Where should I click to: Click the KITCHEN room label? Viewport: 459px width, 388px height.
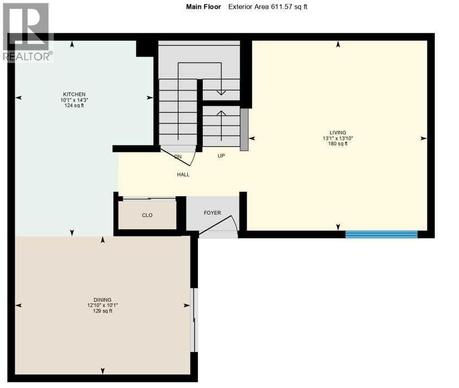pos(74,95)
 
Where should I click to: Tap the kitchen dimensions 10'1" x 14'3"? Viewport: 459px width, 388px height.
pos(74,100)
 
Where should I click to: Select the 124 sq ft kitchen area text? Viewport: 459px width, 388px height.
pos(74,105)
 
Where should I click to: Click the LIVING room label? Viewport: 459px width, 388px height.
pos(337,133)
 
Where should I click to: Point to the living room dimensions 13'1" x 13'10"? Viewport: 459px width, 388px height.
pos(337,138)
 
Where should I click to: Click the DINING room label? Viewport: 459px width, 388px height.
pos(102,300)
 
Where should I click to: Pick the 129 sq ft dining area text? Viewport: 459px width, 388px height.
pos(102,311)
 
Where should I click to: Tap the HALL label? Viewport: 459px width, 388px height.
pos(183,174)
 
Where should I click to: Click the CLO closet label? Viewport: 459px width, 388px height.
pos(147,215)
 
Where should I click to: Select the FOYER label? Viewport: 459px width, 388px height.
pos(212,212)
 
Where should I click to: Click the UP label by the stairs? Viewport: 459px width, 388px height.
pos(221,155)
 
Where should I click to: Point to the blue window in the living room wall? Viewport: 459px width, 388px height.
pos(381,234)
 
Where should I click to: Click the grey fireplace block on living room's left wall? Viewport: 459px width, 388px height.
pos(244,129)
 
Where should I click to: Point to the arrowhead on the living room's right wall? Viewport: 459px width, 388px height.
pos(423,139)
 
